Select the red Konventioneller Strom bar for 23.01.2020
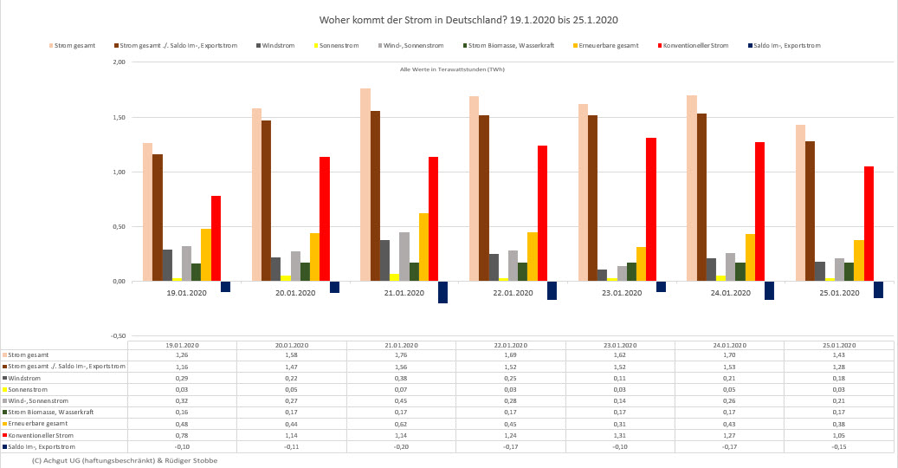click(x=650, y=209)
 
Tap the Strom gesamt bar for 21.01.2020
click(x=365, y=185)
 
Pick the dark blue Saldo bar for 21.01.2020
click(x=443, y=292)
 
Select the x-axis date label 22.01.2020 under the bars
click(x=511, y=293)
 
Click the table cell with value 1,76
click(x=401, y=355)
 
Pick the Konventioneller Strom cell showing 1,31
click(x=620, y=435)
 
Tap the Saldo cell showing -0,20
click(x=401, y=446)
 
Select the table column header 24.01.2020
click(x=729, y=345)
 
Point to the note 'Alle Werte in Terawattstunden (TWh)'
click(x=452, y=68)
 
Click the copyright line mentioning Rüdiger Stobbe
click(x=124, y=460)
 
